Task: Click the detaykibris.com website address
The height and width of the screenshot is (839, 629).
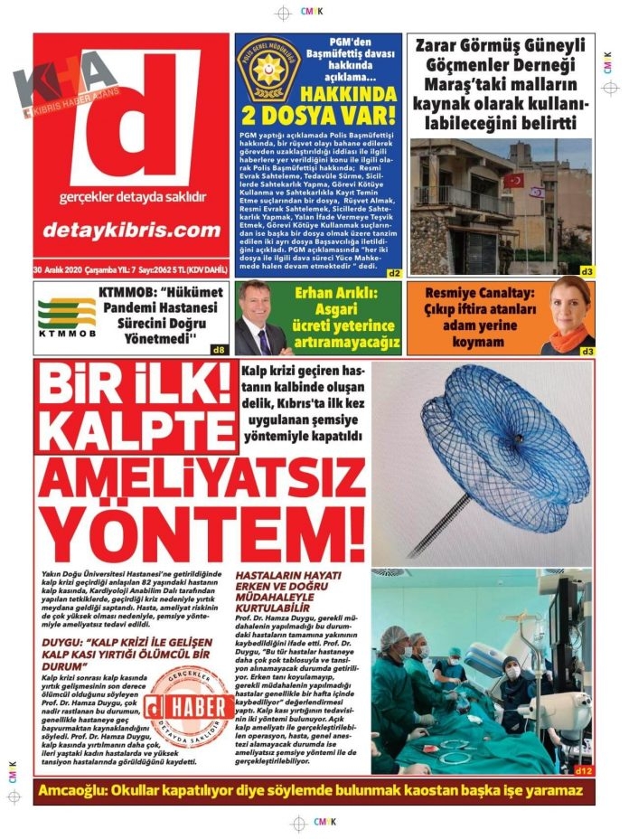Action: tap(132, 230)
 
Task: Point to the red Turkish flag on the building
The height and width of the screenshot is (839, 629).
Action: tap(513, 180)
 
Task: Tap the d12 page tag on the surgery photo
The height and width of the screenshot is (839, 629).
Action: tap(583, 770)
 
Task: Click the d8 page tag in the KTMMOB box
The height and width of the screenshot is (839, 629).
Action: tap(218, 349)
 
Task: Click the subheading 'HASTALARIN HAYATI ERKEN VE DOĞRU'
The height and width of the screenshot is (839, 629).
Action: tap(290, 581)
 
